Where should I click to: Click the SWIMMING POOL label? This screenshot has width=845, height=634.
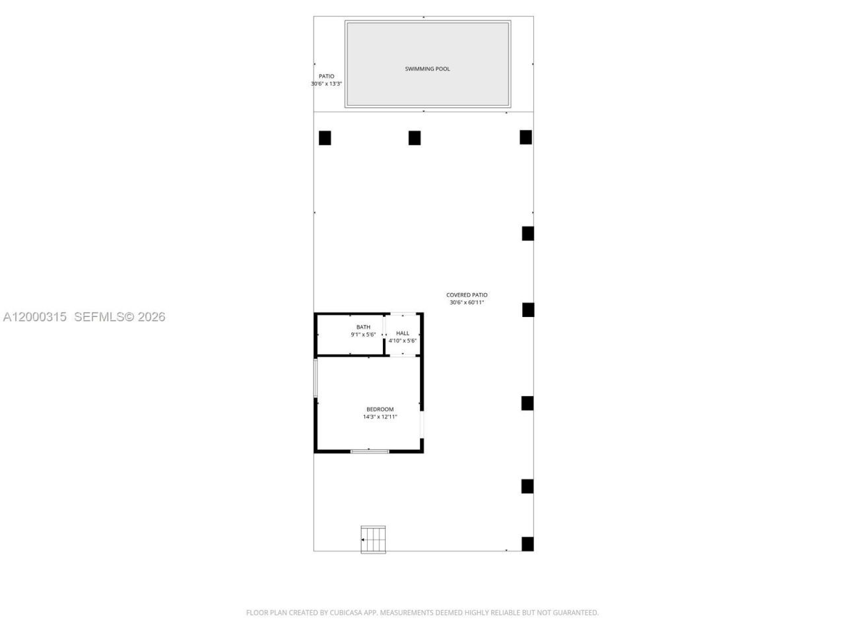coord(427,69)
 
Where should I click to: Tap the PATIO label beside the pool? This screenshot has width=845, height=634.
coord(326,76)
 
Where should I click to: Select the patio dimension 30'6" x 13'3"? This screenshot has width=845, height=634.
coord(326,84)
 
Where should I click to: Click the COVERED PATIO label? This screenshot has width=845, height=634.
coord(467,295)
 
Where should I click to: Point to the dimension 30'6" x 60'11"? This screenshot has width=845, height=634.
coord(467,302)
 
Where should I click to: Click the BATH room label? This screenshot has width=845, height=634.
coord(363,327)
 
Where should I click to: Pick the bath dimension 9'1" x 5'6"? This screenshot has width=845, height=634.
coord(363,335)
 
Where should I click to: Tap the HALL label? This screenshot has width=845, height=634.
coord(403,333)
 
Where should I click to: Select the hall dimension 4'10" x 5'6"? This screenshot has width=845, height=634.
coord(403,341)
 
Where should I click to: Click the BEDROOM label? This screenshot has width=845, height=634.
coord(380,409)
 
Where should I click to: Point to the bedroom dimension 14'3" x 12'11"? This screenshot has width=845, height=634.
coord(380,417)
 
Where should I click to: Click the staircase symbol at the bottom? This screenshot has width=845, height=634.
coord(374,539)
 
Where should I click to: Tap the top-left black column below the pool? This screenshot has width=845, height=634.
coord(325,138)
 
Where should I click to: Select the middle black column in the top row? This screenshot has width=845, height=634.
coord(415,137)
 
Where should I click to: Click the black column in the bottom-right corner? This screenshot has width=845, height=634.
coord(527,544)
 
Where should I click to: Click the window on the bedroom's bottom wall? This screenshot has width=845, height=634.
coord(370,451)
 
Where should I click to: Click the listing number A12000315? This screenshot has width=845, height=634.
coord(34,317)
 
